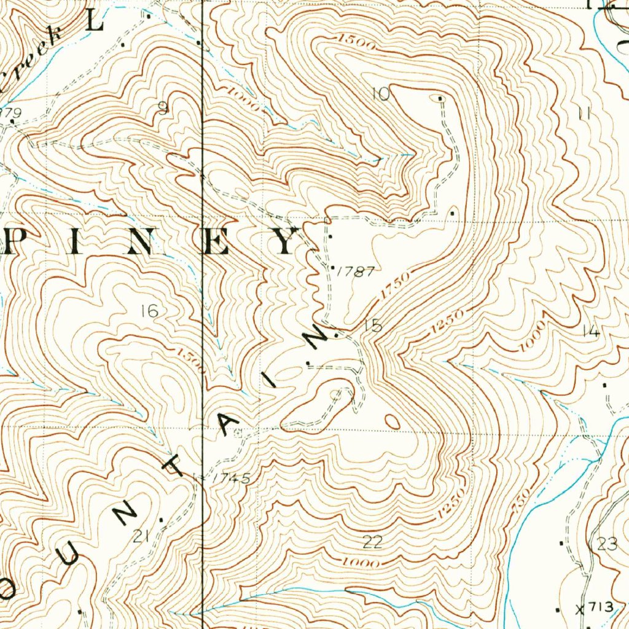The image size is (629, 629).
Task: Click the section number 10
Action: [x=381, y=94]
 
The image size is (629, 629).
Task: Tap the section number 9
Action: [x=163, y=109]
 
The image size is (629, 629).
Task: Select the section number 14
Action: [x=590, y=332]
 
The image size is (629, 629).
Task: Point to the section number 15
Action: [x=372, y=326]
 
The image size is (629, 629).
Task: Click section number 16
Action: [x=149, y=311]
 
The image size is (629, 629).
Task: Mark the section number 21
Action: [x=141, y=537]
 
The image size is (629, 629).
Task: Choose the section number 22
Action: [x=372, y=541]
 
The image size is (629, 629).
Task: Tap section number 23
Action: [x=607, y=544]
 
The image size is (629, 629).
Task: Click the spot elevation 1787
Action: [x=356, y=271]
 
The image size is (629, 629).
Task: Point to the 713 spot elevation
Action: [x=599, y=608]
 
